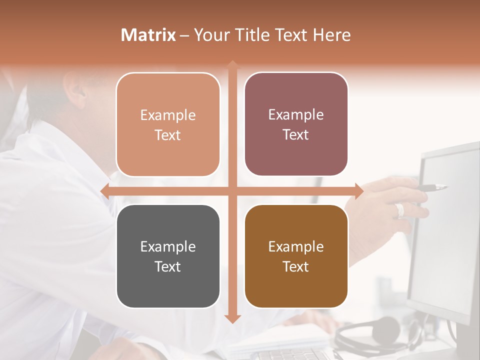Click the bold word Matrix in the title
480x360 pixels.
pyautogui.click(x=148, y=35)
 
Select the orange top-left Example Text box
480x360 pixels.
pyautogui.click(x=168, y=124)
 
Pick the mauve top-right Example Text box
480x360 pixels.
pyautogui.click(x=296, y=124)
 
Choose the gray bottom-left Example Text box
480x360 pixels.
pyautogui.click(x=168, y=256)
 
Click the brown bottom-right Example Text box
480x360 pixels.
pyautogui.click(x=296, y=256)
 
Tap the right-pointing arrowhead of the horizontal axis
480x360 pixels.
pyautogui.click(x=358, y=191)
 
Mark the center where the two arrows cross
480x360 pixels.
pyautogui.click(x=232, y=191)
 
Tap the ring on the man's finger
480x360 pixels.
pyautogui.click(x=400, y=210)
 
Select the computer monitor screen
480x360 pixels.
pyautogui.click(x=445, y=225)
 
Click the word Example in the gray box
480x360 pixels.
pyautogui.click(x=168, y=246)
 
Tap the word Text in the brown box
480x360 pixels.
pyautogui.click(x=296, y=266)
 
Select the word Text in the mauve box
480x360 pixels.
pyautogui.click(x=296, y=134)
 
